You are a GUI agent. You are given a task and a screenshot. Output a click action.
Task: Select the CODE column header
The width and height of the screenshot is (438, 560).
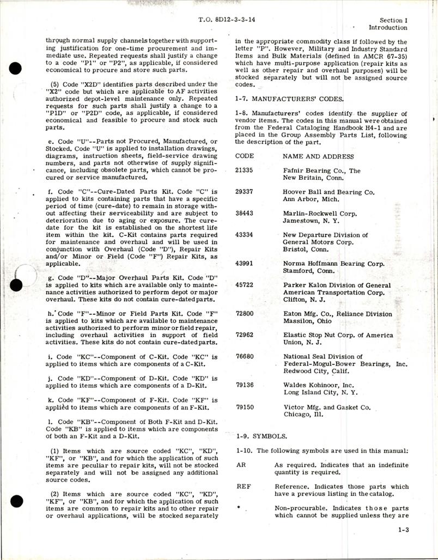pos(245,156)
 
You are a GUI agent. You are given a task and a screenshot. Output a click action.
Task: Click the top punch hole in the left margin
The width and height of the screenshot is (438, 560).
pos(16,69)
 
